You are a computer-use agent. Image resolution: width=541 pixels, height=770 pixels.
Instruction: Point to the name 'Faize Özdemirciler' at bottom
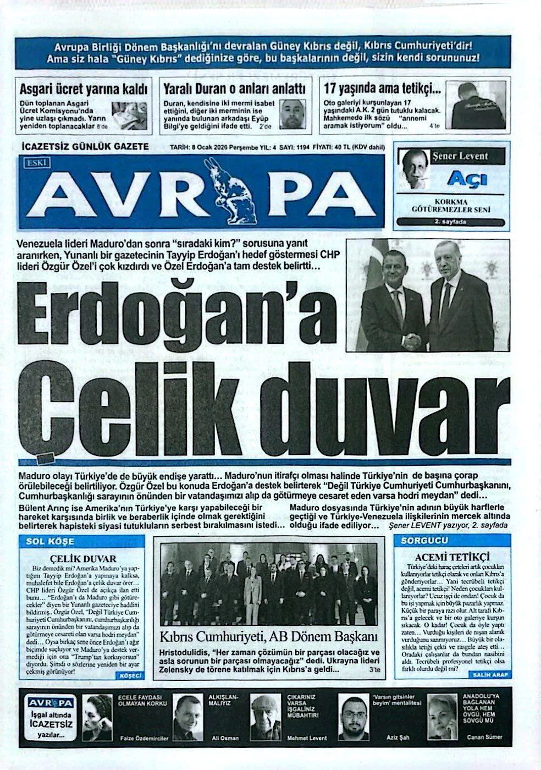pyautogui.click(x=144, y=738)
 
